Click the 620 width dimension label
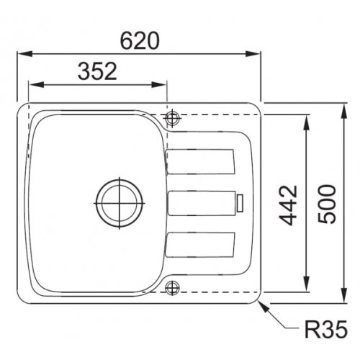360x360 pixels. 138,42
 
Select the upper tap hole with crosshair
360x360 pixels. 172,117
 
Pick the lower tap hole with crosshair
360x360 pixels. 172,289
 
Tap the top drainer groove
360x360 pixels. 202,161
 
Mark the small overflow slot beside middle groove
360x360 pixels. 240,202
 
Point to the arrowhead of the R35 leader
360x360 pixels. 264,303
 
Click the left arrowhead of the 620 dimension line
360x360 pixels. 19,53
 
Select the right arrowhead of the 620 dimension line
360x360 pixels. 257,53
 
